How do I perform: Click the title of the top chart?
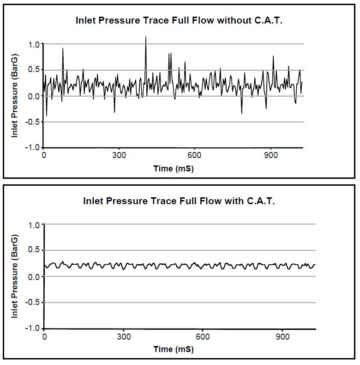tap(179, 20)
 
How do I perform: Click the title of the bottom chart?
tap(179, 201)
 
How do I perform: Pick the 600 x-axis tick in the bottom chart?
tap(202, 336)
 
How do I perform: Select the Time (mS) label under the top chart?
tap(174, 169)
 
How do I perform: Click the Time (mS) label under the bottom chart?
tap(174, 349)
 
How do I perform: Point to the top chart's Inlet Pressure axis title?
tap(15, 97)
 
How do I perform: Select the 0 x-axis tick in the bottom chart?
tap(44, 336)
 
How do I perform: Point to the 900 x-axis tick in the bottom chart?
tap(283, 336)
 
